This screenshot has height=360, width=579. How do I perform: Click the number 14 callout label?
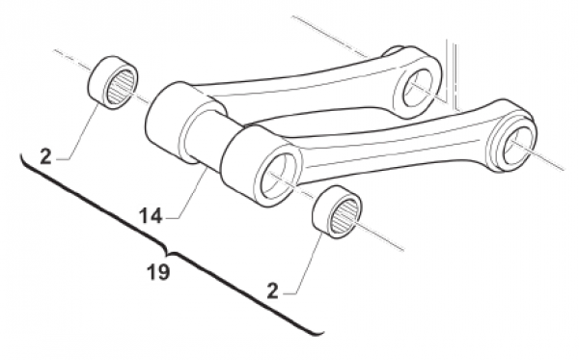pos(151,215)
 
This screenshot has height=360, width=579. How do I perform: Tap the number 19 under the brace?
pos(158,272)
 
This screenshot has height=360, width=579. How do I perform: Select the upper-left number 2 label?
pos(45,157)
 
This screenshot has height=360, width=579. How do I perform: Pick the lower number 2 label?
pos(272,291)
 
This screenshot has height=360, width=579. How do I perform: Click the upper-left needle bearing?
pos(113,82)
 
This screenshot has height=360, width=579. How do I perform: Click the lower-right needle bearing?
pos(337,211)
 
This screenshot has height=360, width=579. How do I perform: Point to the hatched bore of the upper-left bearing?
pos(123,87)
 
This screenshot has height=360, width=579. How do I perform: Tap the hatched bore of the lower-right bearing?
pos(346,217)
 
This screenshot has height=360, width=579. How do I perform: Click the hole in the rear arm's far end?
pos(418,90)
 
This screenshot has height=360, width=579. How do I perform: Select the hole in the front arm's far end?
pos(517,143)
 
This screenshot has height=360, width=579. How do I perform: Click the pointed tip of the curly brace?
pos(168,255)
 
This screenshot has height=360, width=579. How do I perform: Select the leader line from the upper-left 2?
pos(79,131)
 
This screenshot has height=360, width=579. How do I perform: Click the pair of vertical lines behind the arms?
pos(453,74)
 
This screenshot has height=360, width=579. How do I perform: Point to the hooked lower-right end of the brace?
pos(319,333)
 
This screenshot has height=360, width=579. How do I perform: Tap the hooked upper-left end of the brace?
pos(23,159)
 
